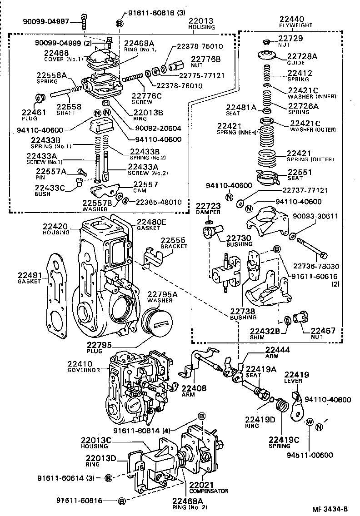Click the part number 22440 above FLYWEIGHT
pyautogui.click(x=292, y=19)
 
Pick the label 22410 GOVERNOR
pyautogui.click(x=84, y=367)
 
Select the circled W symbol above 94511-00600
pyautogui.click(x=309, y=422)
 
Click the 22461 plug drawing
pyautogui.click(x=40, y=98)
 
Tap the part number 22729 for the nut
pyautogui.click(x=290, y=39)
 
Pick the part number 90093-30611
pyautogui.click(x=321, y=216)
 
